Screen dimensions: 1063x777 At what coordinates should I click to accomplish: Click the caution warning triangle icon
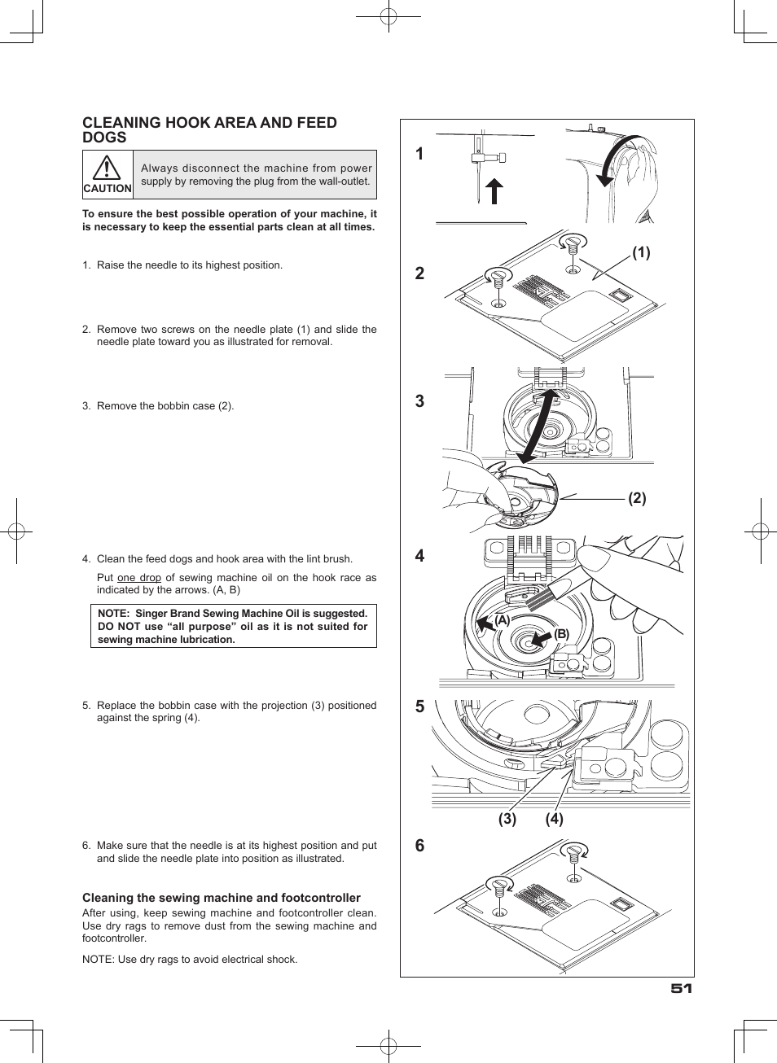click(x=107, y=168)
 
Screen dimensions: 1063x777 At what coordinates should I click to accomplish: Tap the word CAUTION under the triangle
click(x=108, y=188)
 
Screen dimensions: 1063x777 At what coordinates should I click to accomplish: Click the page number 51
click(x=681, y=988)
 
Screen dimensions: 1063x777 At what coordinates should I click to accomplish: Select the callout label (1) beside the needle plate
click(x=641, y=253)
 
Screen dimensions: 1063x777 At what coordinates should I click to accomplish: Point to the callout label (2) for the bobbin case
click(x=637, y=498)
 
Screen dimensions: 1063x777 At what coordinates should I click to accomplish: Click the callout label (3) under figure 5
click(x=507, y=819)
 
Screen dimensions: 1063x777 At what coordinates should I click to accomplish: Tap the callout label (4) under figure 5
click(x=555, y=819)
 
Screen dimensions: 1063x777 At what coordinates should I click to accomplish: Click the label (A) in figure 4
click(x=502, y=620)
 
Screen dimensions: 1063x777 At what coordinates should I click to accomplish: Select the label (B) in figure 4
click(x=562, y=635)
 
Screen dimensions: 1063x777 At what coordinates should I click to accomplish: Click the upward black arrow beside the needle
click(x=494, y=191)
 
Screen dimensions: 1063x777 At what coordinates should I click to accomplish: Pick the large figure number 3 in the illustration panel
click(x=419, y=401)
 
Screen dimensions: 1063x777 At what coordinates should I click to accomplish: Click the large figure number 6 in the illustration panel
click(x=419, y=846)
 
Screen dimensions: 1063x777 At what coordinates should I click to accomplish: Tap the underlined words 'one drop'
click(x=139, y=578)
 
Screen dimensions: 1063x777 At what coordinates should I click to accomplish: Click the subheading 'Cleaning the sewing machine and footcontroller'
click(x=222, y=898)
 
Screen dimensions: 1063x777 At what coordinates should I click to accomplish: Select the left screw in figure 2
click(x=497, y=277)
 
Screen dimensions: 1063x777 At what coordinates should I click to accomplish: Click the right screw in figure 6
click(x=574, y=853)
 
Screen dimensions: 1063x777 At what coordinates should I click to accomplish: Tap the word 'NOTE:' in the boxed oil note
click(x=113, y=614)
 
